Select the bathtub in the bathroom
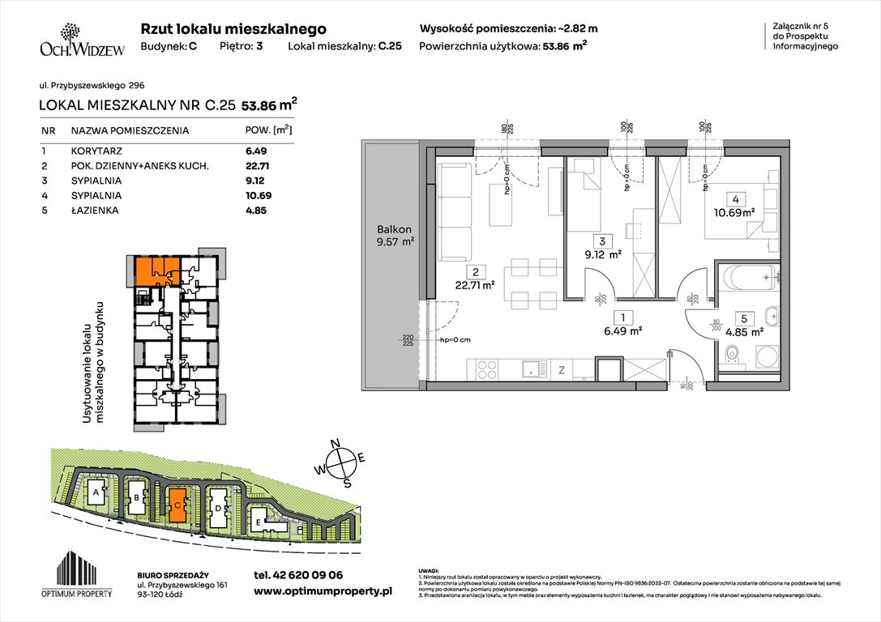(748, 279)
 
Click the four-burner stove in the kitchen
(486, 369)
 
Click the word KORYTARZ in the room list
(96, 151)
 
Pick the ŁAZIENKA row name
(95, 210)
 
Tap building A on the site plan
(96, 492)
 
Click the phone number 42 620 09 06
(298, 575)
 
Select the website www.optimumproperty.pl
(323, 592)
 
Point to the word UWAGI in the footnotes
(429, 570)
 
